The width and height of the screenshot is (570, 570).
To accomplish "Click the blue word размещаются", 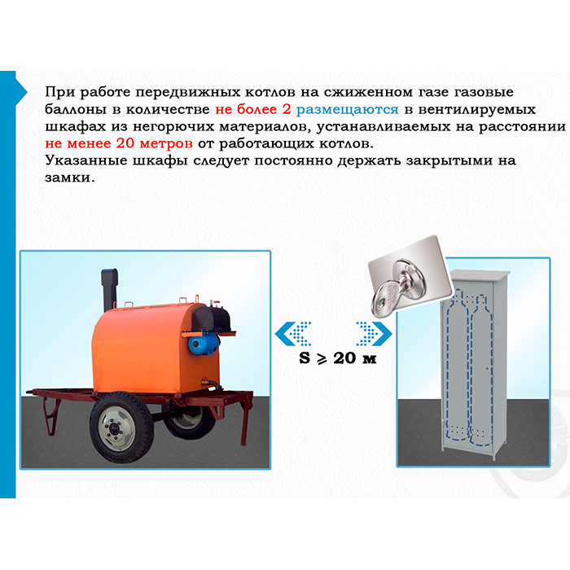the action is (348, 110).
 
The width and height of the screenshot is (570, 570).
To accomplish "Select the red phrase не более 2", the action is (253, 109).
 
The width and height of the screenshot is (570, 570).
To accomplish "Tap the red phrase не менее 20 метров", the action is (119, 143).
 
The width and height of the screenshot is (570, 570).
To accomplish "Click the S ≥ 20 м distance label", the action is (338, 358).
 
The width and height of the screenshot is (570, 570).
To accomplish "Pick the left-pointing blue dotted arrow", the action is (293, 334).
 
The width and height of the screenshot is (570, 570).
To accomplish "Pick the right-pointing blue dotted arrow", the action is (374, 334).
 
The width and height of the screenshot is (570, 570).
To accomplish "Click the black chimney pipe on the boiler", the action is (109, 290).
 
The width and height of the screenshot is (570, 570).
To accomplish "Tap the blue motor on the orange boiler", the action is (203, 343).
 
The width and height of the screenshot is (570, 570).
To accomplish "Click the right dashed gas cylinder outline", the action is (480, 370).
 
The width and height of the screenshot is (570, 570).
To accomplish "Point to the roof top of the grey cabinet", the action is (479, 275).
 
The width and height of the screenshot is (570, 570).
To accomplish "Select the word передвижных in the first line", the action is (188, 93).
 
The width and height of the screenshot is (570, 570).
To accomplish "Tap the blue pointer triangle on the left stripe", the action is (21, 92).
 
